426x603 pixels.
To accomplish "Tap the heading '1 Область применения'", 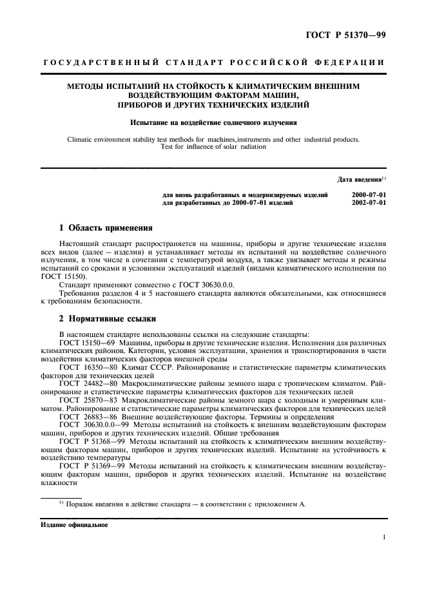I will click(106, 228).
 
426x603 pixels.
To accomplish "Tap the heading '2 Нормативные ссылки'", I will click(106, 319).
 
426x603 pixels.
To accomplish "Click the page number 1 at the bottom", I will click(383, 536).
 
